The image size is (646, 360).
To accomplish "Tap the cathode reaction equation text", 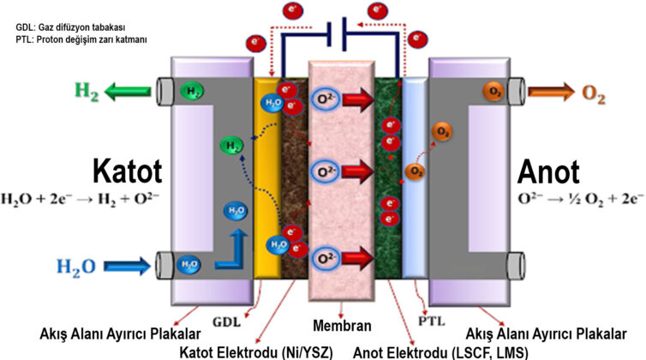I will (81, 203).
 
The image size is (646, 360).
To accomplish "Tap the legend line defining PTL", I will (76, 39).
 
